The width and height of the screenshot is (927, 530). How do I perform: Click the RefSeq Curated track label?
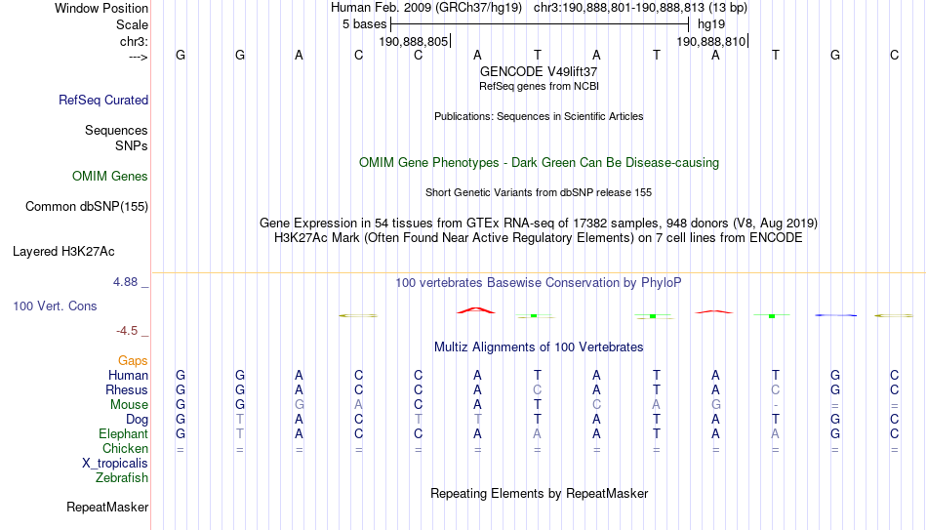[x=103, y=100]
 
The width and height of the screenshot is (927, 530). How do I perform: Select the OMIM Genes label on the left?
[x=110, y=177]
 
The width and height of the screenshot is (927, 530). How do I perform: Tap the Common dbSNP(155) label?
[x=87, y=207]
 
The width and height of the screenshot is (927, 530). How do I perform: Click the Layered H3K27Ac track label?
[x=63, y=252]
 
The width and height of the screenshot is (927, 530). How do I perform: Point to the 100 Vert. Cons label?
[x=55, y=306]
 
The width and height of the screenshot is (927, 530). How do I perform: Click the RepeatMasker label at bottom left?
[x=107, y=507]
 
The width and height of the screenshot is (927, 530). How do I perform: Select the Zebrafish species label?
[x=122, y=477]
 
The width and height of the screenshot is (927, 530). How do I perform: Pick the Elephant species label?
[x=124, y=433]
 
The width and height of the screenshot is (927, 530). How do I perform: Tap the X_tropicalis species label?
[x=115, y=464]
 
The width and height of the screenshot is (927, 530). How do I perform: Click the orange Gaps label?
[x=133, y=361]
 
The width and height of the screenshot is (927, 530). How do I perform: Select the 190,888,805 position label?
[x=414, y=41]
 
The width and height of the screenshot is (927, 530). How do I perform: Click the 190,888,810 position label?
[x=711, y=41]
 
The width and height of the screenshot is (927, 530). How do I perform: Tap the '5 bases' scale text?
[x=364, y=24]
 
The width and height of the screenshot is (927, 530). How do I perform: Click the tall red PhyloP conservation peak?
[x=476, y=309]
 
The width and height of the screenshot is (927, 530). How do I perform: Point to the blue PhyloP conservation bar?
[x=835, y=315]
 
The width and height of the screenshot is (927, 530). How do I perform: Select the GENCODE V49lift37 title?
[x=539, y=71]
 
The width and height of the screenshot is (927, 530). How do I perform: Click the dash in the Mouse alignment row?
[x=775, y=406]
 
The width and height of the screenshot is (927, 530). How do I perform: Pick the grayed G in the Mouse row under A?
[x=715, y=405]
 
